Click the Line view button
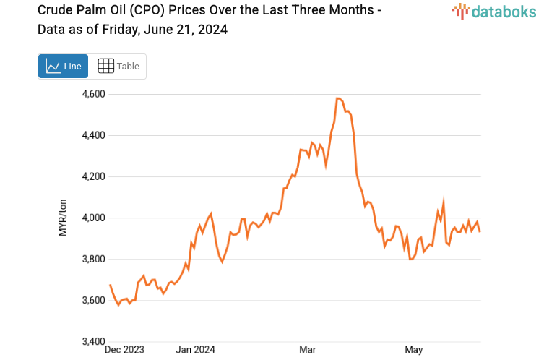[63, 66]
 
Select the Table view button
[118, 66]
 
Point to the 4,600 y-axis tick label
[92, 94]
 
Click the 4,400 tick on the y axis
[92, 135]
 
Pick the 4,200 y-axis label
[92, 176]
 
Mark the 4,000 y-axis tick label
[92, 218]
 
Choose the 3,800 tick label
[92, 259]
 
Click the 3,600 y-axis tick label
[92, 300]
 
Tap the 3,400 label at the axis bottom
[92, 341]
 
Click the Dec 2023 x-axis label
[124, 350]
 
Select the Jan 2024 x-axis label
[195, 350]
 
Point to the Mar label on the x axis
[308, 350]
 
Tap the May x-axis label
[413, 350]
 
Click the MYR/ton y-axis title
[63, 218]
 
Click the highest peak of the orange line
[338, 98]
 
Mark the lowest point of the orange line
[118, 305]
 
